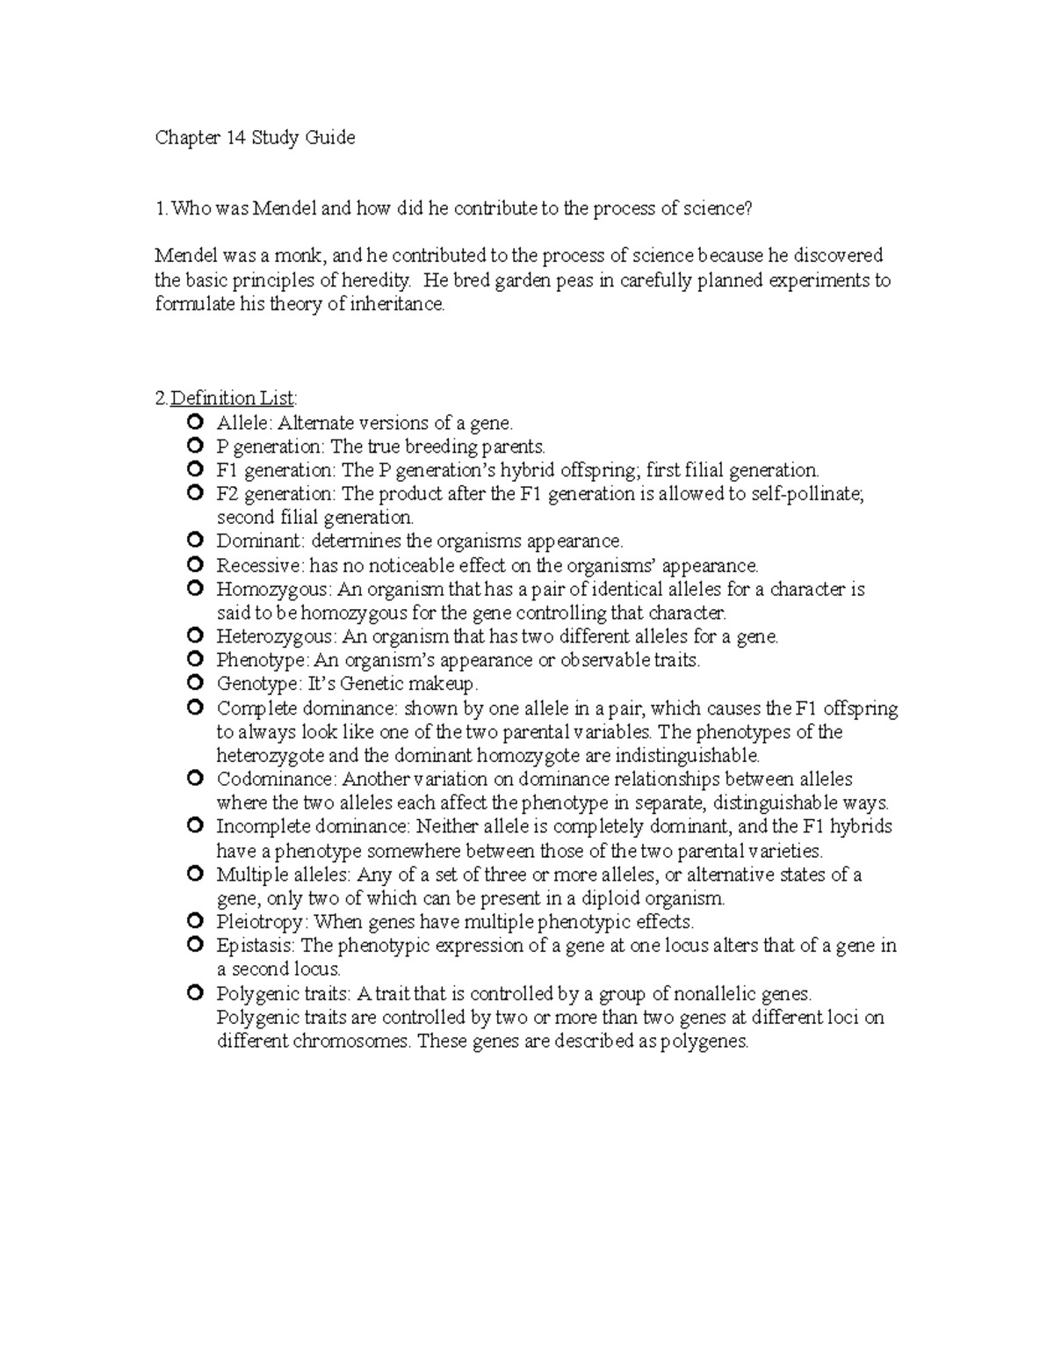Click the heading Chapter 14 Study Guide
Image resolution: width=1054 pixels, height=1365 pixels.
tap(255, 137)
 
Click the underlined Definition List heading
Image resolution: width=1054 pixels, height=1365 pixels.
tap(233, 399)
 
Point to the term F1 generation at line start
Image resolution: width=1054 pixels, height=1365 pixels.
tap(275, 470)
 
